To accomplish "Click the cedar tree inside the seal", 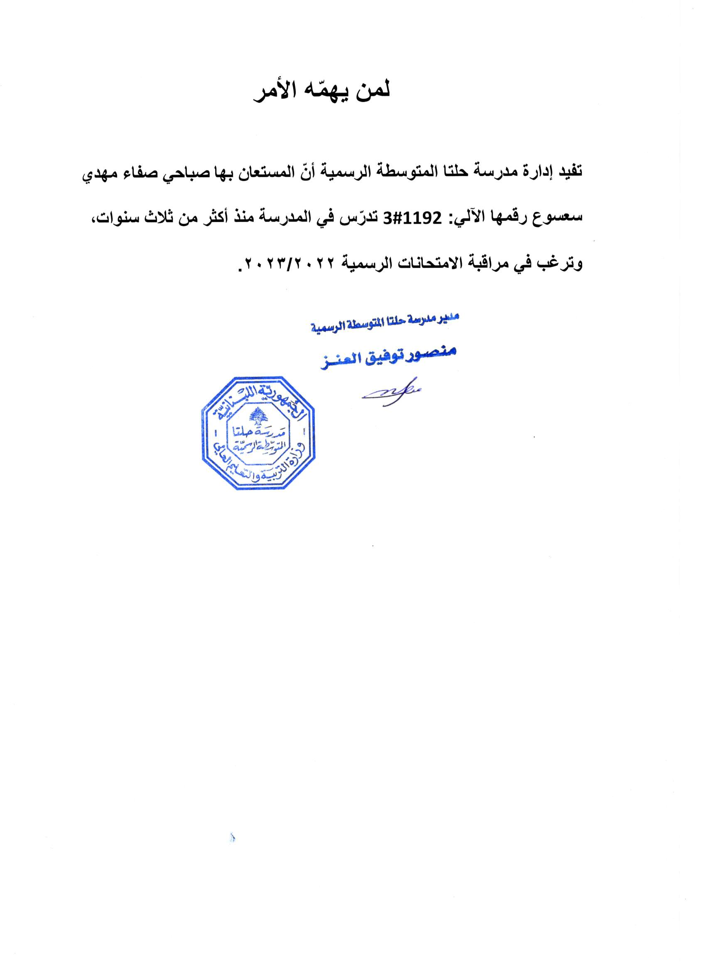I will click(x=257, y=416).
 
